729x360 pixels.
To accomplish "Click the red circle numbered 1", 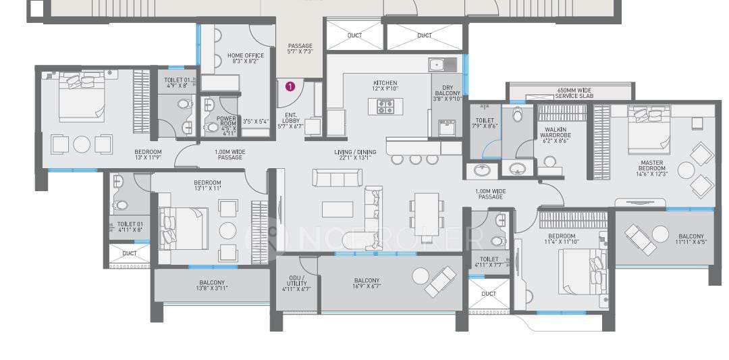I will pyautogui.click(x=290, y=86).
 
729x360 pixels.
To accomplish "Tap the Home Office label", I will pyautogui.click(x=245, y=58).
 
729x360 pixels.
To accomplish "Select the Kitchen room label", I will pyautogui.click(x=385, y=86).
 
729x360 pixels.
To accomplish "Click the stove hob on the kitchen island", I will pyautogui.click(x=386, y=106).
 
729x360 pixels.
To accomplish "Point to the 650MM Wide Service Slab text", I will pyautogui.click(x=574, y=93).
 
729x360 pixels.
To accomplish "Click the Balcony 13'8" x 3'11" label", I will pyautogui.click(x=211, y=286).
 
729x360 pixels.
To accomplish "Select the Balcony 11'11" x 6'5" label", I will pyautogui.click(x=690, y=240).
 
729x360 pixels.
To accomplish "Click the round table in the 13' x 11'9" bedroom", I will pyautogui.click(x=81, y=145).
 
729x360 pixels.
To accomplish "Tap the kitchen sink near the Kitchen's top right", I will pyautogui.click(x=436, y=65).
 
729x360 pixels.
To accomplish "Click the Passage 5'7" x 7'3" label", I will pyautogui.click(x=300, y=49).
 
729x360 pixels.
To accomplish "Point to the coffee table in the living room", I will pyautogui.click(x=337, y=209).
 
